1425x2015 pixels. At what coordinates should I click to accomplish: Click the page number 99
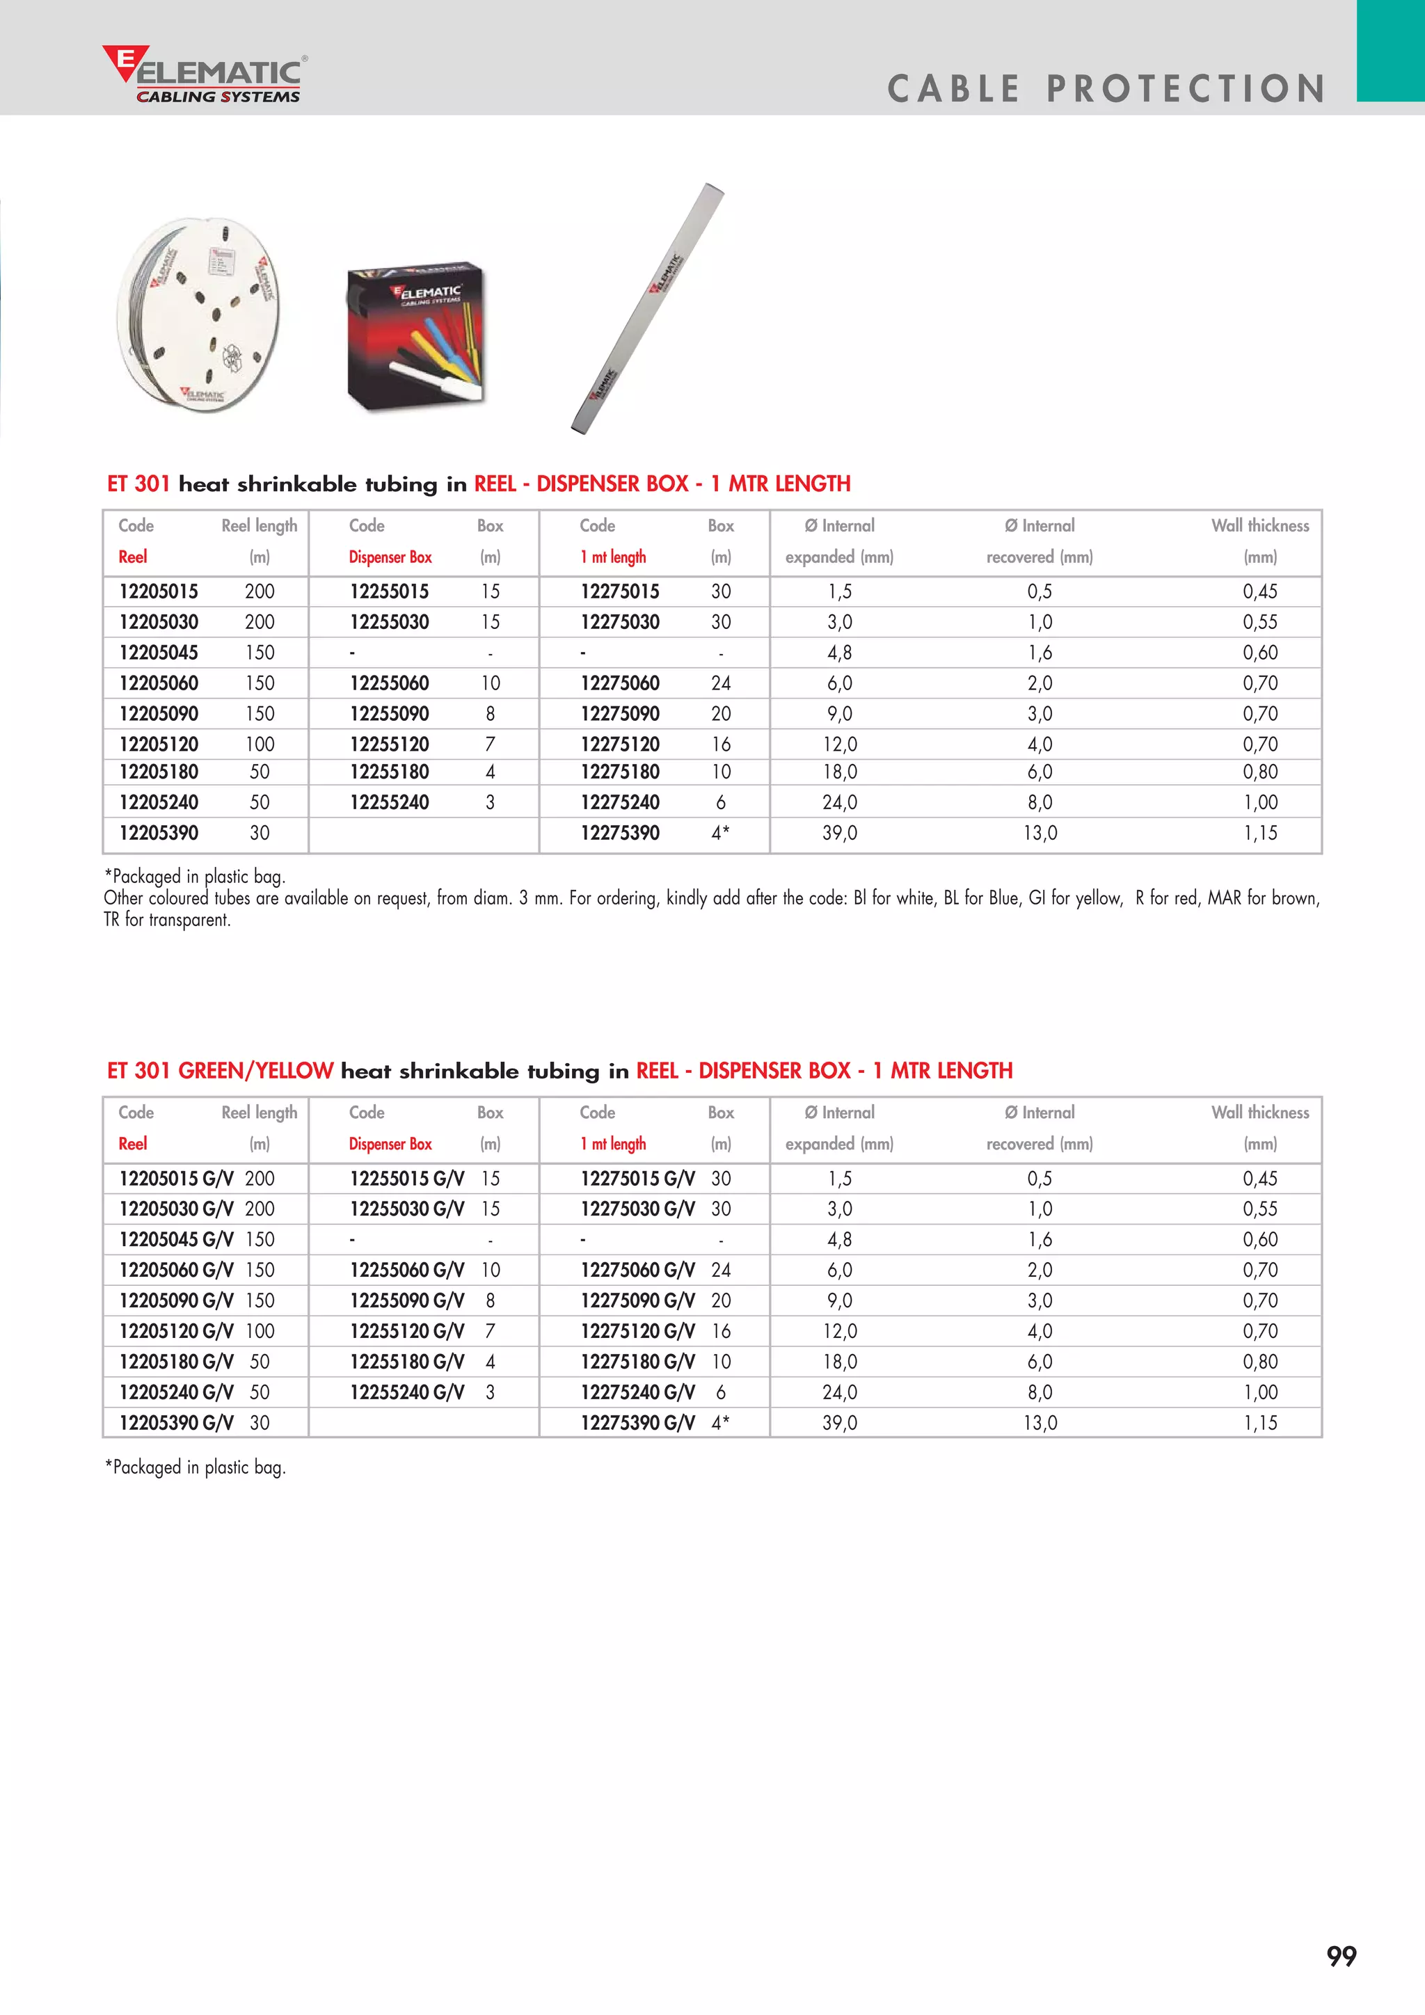1341,1955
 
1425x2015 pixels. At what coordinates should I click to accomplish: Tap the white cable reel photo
199,314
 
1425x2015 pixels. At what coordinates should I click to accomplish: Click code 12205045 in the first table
159,653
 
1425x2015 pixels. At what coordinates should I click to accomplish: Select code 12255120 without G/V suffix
389,744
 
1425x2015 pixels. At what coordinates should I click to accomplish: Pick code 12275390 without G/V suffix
619,833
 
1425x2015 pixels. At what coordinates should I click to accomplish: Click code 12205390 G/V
176,1423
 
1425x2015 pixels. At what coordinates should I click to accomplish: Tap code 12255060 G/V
406,1270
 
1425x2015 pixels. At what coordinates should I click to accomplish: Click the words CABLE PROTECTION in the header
1106,88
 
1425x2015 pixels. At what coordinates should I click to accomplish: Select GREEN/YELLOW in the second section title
255,1071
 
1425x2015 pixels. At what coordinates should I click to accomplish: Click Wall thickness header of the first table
1259,526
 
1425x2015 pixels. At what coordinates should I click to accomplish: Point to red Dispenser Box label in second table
390,1144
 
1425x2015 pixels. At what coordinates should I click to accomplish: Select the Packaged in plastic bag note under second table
195,1467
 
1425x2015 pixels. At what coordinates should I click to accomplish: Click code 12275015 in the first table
619,591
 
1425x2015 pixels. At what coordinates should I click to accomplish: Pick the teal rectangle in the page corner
1390,50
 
